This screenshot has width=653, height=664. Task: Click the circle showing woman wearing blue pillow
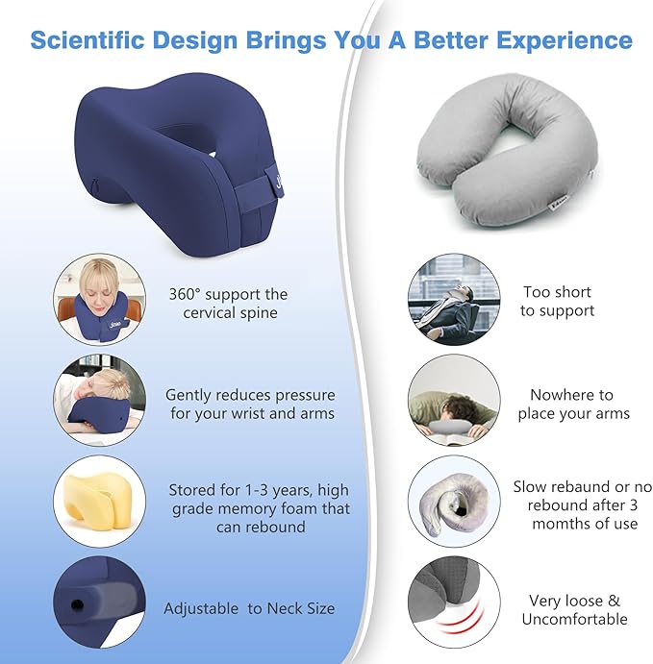tap(99, 299)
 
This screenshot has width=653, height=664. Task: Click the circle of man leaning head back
tap(454, 299)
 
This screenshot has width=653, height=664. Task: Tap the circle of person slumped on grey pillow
tap(454, 402)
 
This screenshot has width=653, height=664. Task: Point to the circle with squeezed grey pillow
tap(454, 504)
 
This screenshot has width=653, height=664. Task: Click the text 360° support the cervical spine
tap(228, 303)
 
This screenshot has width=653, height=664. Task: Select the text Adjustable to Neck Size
tap(249, 608)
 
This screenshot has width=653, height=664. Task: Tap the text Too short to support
tap(557, 301)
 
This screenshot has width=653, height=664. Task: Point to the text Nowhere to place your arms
tap(573, 405)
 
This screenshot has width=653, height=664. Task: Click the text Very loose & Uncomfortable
tap(573, 610)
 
